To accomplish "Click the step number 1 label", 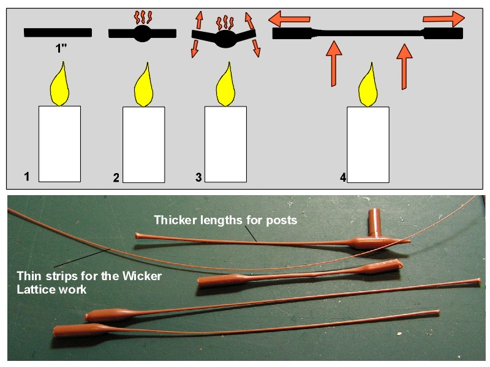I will [26, 177].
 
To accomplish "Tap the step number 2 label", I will [116, 178].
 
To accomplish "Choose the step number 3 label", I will [198, 177].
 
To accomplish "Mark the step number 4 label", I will [343, 177].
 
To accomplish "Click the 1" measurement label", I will [61, 48].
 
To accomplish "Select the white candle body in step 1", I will [60, 143].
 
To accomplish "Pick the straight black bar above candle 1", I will [58, 32].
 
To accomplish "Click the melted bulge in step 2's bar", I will [142, 33].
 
